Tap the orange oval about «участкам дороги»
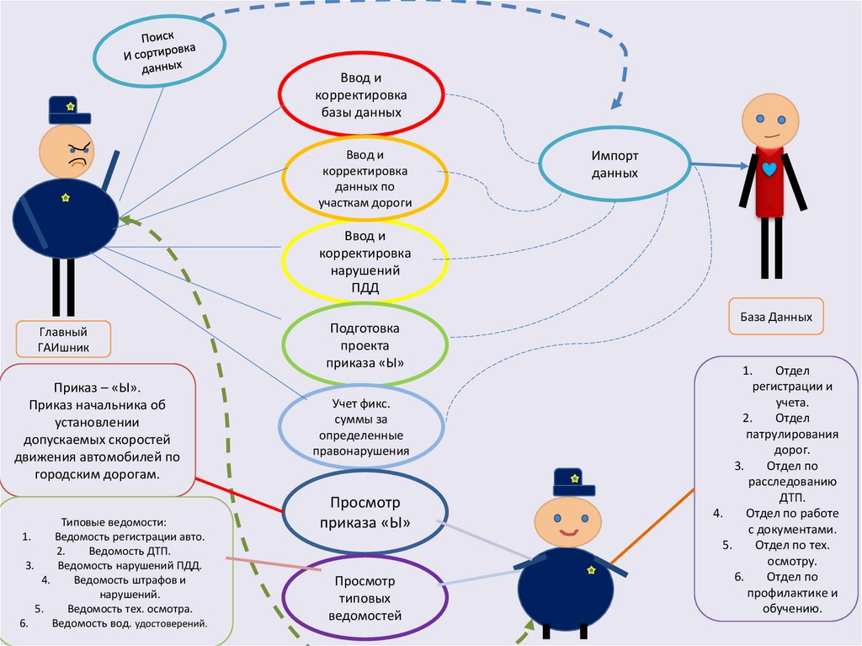(364, 179)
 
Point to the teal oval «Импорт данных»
(614, 164)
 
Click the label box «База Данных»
(776, 318)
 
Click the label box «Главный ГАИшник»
(63, 339)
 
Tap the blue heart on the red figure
(769, 168)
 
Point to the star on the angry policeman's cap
(70, 106)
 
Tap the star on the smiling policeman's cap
(575, 478)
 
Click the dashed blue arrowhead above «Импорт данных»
(616, 103)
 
